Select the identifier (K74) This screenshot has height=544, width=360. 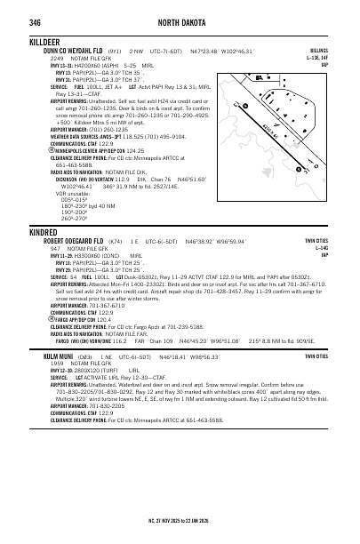tap(115, 242)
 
